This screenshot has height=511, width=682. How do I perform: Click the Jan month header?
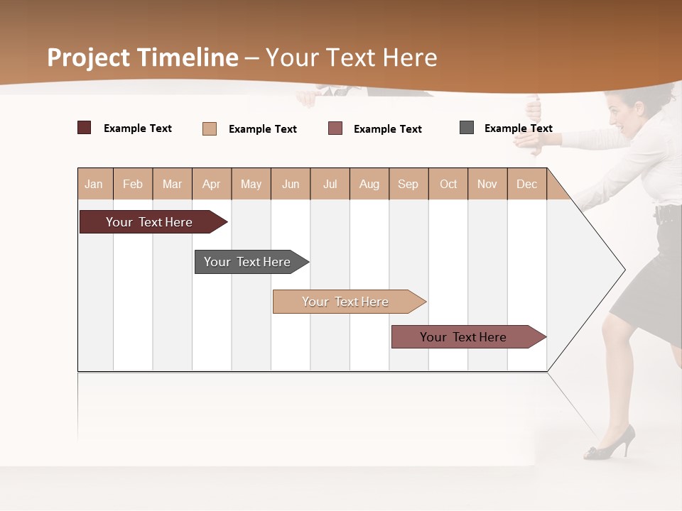[x=94, y=184]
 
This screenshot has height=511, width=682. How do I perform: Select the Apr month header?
[x=211, y=184]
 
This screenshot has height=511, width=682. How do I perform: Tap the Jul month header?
[x=330, y=184]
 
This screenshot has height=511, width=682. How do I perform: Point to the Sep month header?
[x=408, y=184]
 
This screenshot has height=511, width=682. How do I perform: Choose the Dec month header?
[x=526, y=184]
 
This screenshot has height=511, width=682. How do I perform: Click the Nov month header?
[x=487, y=184]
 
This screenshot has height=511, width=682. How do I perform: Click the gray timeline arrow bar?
[x=249, y=262]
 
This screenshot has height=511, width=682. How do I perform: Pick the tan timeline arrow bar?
[x=346, y=302]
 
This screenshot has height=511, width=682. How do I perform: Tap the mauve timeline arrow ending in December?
[x=465, y=337]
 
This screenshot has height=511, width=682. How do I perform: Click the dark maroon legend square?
[x=84, y=128]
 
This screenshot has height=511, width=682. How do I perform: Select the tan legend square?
[x=209, y=128]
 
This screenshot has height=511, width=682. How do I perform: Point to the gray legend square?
[x=466, y=128]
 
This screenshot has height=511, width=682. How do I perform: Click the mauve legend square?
[x=335, y=128]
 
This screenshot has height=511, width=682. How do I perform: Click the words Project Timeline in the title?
[x=142, y=57]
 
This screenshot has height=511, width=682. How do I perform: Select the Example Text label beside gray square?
[x=518, y=128]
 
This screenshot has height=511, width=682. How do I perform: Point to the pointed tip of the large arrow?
[x=623, y=270]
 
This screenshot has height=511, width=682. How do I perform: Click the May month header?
[x=251, y=184]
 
